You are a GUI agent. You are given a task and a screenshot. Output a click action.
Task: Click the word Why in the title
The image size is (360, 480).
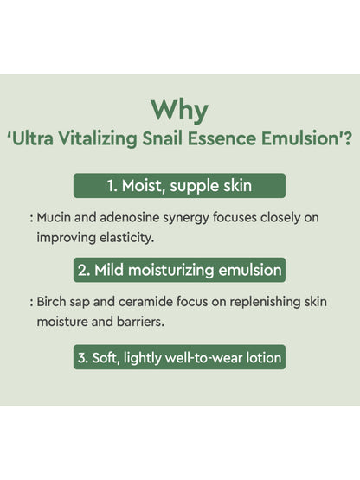[179, 110]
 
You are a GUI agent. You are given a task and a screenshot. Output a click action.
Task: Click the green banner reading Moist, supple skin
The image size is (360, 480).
[179, 186]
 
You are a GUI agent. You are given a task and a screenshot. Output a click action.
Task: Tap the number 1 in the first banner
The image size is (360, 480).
[112, 186]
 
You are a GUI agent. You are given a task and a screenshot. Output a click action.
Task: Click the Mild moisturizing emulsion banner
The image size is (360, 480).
[179, 271]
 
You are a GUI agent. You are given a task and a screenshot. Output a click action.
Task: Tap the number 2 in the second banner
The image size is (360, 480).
[83, 271]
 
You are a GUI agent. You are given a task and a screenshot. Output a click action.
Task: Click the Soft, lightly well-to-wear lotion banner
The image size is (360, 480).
[179, 356]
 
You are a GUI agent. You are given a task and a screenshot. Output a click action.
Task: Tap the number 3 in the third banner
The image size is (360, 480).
[83, 356]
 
